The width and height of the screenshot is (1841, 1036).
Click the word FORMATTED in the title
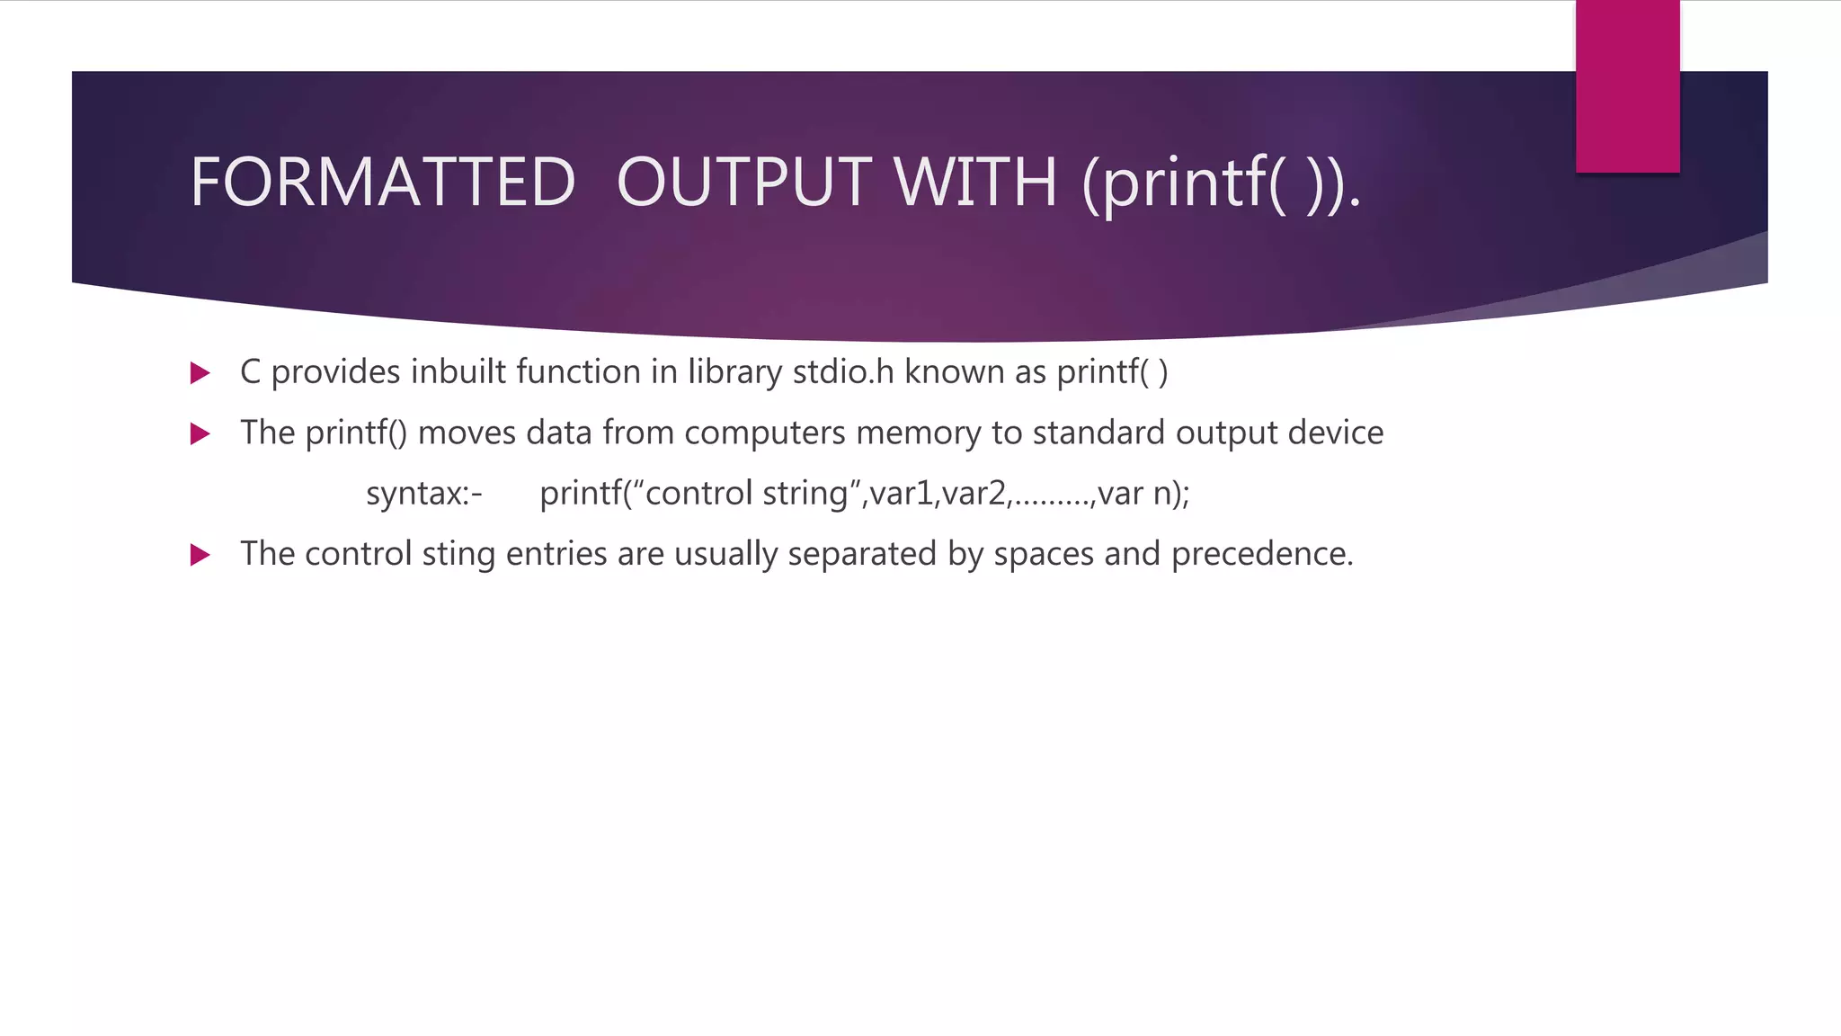pyautogui.click(x=382, y=183)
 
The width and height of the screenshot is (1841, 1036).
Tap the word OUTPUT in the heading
pyautogui.click(x=743, y=183)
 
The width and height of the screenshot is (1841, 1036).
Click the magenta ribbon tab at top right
pyautogui.click(x=1627, y=86)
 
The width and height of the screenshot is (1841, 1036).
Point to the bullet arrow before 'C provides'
pyautogui.click(x=200, y=373)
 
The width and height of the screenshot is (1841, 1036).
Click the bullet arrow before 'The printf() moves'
pyautogui.click(x=200, y=434)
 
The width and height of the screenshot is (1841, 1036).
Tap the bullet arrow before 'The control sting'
pyautogui.click(x=200, y=555)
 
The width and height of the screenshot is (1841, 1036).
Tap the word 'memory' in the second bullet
pyautogui.click(x=918, y=433)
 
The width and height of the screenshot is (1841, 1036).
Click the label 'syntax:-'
pyautogui.click(x=424, y=494)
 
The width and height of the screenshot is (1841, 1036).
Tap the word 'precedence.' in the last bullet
pyautogui.click(x=1262, y=554)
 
